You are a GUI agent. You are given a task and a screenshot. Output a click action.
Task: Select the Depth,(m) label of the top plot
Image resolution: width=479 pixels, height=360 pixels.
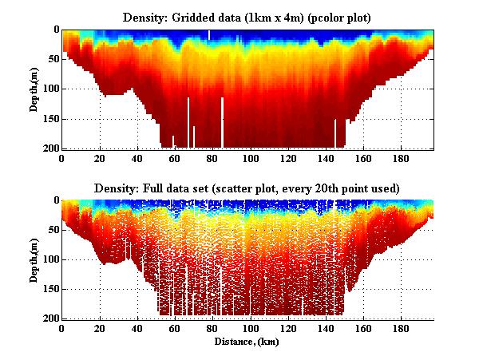point(34,89)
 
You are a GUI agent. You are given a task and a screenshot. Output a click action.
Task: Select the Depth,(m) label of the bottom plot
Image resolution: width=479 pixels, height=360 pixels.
point(34,259)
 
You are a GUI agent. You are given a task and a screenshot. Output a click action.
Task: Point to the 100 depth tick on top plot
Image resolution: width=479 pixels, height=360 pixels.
point(50,89)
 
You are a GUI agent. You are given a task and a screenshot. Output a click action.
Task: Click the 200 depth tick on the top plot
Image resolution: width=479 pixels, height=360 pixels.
point(50,148)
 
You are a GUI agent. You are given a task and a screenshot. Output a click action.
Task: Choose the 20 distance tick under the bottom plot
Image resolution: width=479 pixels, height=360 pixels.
point(100,328)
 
